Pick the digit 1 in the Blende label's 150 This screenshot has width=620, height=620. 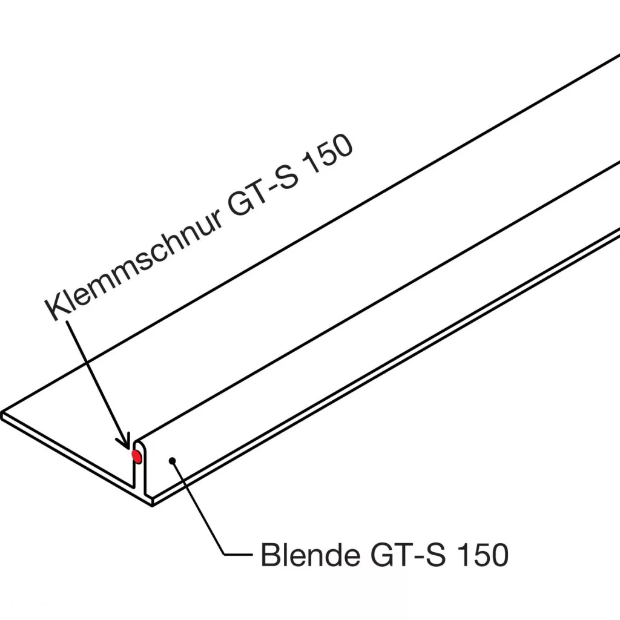pyautogui.click(x=460, y=555)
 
